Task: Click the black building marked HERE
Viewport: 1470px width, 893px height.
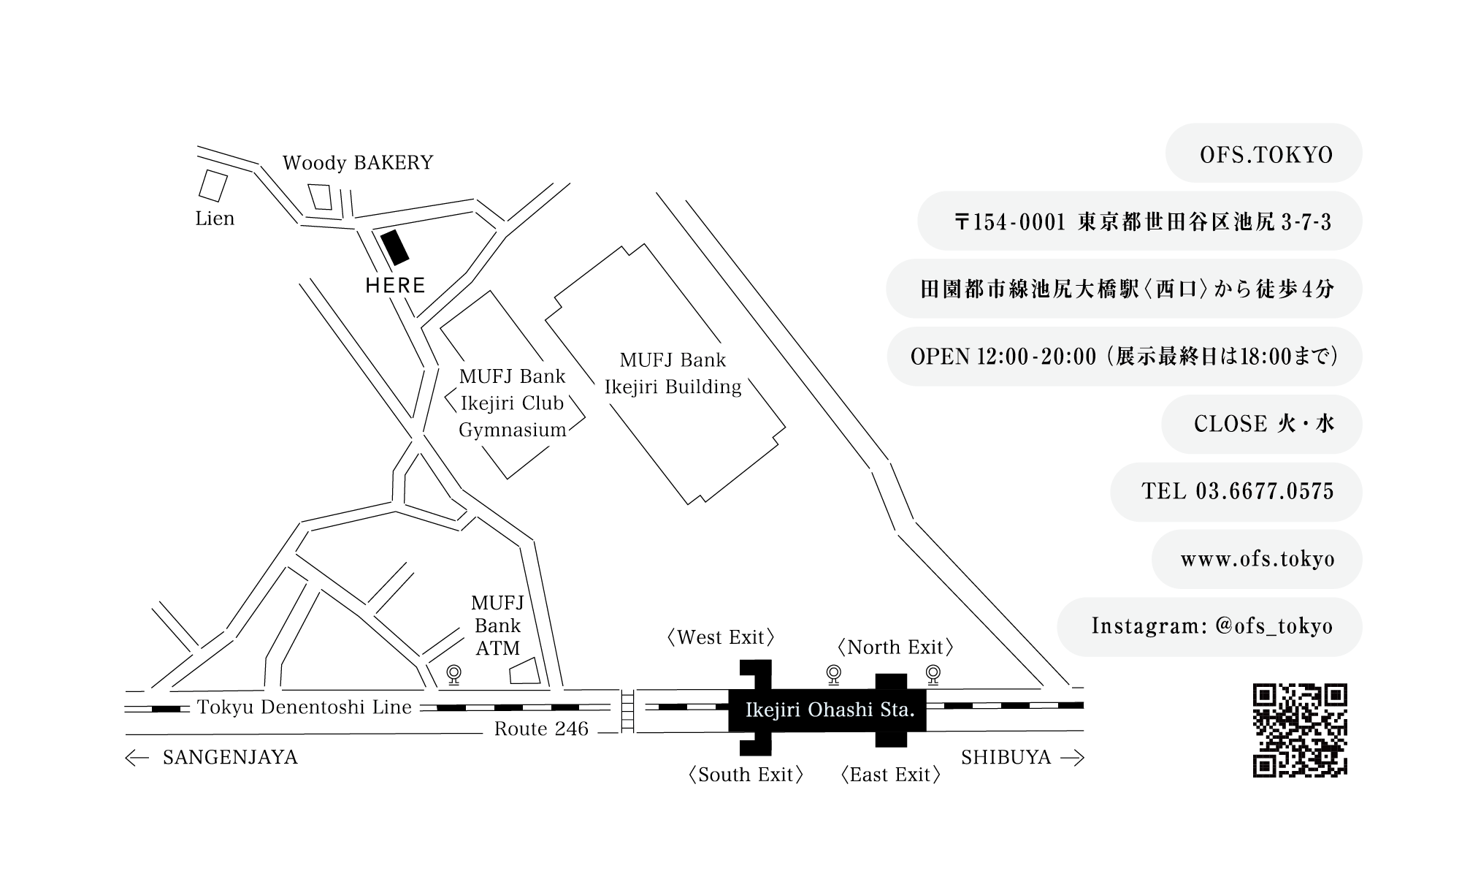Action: pos(395,247)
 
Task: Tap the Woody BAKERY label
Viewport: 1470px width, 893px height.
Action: pos(358,162)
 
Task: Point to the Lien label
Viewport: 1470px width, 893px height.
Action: pos(215,218)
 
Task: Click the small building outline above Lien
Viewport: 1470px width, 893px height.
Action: pos(213,185)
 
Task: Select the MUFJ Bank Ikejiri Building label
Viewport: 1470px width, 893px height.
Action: pos(673,373)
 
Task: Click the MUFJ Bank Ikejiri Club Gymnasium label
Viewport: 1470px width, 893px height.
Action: pos(512,403)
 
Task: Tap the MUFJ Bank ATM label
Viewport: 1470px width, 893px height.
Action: pos(497,626)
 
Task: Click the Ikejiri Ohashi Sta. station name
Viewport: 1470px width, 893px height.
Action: pos(830,709)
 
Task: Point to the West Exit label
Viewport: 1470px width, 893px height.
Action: pos(720,637)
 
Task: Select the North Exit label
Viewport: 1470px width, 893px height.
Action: pos(895,647)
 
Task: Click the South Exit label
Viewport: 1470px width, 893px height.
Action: pos(745,775)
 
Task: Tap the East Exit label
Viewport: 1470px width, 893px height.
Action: pos(890,775)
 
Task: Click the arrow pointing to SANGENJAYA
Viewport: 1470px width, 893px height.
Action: pos(137,758)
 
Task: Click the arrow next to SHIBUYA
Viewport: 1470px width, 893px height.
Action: pos(1072,758)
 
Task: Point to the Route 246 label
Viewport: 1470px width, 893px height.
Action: pos(541,729)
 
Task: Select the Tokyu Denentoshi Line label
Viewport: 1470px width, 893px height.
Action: pos(305,707)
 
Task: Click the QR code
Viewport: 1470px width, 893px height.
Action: pos(1300,729)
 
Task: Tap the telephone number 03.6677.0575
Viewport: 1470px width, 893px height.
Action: pos(1265,491)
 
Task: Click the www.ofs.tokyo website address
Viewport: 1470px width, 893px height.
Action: pos(1257,559)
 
